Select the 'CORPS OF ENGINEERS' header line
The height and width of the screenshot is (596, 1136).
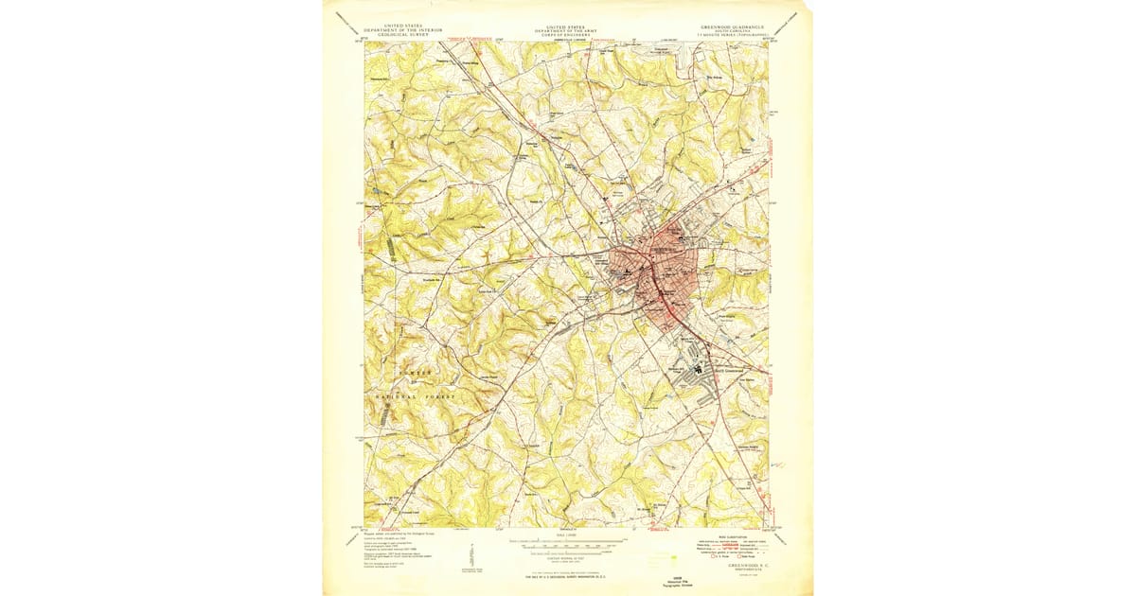point(566,36)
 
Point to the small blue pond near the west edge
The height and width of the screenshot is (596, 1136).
point(379,191)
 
